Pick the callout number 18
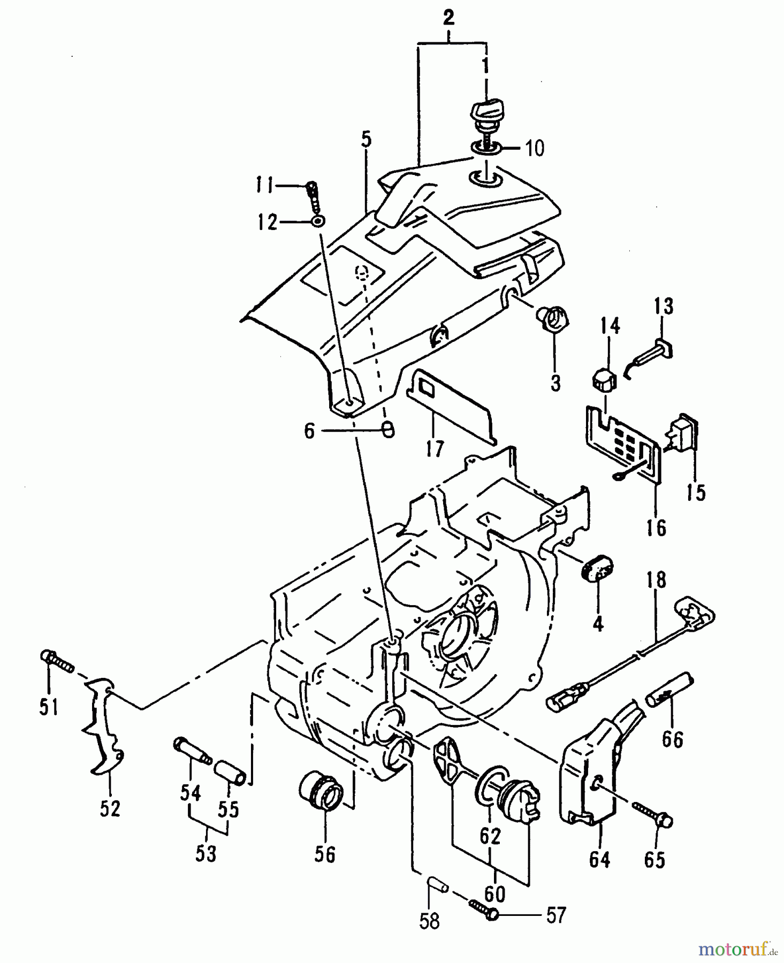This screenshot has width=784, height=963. pos(656,580)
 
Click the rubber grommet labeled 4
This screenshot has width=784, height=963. pos(597,574)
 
